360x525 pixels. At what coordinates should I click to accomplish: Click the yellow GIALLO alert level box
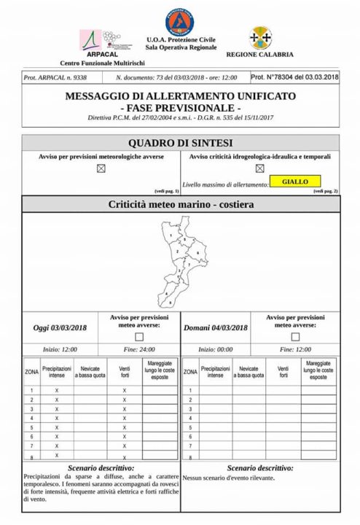(x=294, y=182)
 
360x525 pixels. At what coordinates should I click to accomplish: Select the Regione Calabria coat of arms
(x=259, y=37)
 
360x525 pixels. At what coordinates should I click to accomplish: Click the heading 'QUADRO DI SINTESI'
(x=180, y=143)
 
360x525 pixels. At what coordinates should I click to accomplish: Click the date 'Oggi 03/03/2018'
(x=60, y=328)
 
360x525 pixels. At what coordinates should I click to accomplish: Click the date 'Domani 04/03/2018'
(x=216, y=328)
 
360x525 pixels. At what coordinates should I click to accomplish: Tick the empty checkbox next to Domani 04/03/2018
(x=295, y=336)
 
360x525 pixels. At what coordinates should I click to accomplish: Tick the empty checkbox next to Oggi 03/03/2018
(x=138, y=336)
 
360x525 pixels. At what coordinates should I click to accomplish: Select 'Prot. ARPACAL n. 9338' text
(x=55, y=77)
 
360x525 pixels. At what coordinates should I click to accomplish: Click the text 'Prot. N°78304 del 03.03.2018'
(x=294, y=77)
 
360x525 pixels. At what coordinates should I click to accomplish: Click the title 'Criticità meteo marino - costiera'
(x=180, y=205)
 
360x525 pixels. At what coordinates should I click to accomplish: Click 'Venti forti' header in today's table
(x=125, y=372)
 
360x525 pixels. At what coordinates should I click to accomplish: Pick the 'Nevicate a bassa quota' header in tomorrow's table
(x=249, y=372)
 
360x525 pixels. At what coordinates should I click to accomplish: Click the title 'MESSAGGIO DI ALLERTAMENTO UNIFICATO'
(x=180, y=96)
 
